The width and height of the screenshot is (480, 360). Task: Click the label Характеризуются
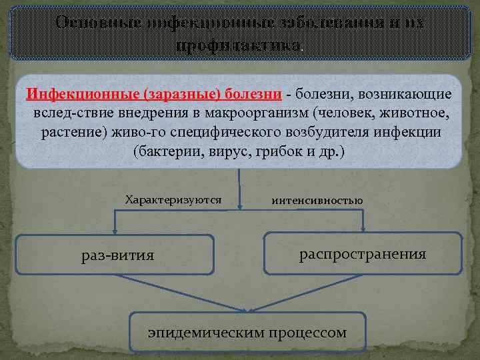[x=173, y=199]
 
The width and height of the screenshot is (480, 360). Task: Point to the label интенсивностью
[x=317, y=200]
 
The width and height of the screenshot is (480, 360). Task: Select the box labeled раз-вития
[x=114, y=255]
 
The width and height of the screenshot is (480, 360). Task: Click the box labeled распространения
[x=363, y=253]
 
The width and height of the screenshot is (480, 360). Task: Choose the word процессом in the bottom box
[x=308, y=331]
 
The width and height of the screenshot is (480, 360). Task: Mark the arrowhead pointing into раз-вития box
[x=115, y=231]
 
